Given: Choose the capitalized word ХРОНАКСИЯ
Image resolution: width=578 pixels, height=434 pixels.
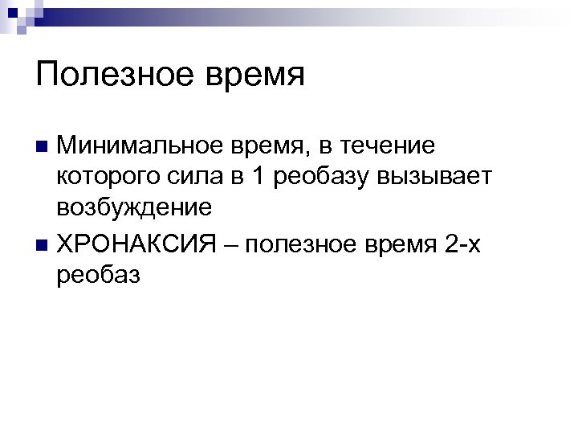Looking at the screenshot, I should pyautogui.click(x=136, y=243).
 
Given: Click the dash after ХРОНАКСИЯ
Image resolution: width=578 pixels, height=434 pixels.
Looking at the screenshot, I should pyautogui.click(x=230, y=244).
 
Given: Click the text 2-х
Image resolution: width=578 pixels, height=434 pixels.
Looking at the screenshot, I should pyautogui.click(x=462, y=243).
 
